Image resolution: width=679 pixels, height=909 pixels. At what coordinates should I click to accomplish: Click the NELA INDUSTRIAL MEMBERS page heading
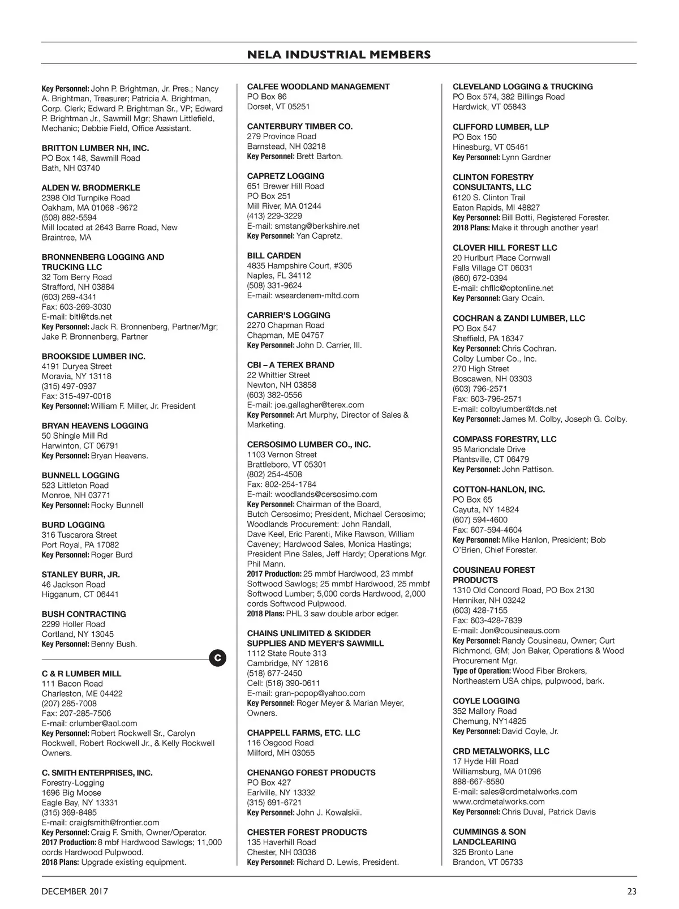click(x=339, y=55)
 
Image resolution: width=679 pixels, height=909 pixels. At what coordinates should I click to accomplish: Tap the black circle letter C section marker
click(x=218, y=658)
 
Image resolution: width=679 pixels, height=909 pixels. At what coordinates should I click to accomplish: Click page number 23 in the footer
click(x=631, y=891)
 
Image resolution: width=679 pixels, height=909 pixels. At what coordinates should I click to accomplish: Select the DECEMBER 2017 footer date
click(x=74, y=891)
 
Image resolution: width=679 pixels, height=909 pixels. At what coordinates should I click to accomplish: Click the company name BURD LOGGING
click(x=73, y=525)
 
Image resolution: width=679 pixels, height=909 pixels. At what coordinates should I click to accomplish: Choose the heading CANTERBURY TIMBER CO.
click(x=300, y=126)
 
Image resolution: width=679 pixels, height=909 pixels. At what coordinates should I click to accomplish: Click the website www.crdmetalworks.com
click(x=498, y=801)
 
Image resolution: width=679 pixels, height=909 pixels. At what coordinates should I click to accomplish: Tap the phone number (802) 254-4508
click(x=274, y=474)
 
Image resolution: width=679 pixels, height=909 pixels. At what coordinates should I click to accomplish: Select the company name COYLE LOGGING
click(x=486, y=701)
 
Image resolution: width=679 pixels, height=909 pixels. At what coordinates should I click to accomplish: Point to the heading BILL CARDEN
click(x=274, y=255)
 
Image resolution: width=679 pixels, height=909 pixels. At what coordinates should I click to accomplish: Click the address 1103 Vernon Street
click(x=282, y=455)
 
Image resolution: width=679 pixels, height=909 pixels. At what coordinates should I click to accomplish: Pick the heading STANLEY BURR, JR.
click(x=80, y=574)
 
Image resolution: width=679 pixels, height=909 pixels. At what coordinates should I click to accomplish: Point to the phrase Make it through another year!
click(x=544, y=228)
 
